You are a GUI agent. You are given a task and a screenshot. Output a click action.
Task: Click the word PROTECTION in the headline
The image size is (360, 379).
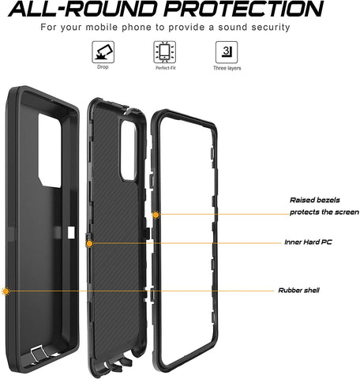pos(244,9)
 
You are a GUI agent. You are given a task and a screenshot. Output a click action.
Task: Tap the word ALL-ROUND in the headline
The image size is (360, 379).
pos(82,9)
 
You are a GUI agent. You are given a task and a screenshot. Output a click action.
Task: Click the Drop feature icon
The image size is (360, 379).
pos(103,52)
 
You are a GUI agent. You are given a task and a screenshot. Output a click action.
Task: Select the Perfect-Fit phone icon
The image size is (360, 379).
pos(165,52)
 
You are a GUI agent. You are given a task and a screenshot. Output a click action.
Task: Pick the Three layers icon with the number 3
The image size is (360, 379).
pos(227,52)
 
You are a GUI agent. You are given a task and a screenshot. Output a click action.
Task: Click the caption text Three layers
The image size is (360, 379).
pos(227,68)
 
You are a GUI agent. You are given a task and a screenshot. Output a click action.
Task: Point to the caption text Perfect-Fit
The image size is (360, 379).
pos(166,68)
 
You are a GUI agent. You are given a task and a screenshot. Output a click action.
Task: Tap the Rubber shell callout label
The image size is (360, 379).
pos(299,291)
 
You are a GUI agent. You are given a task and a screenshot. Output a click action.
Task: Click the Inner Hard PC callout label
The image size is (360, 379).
pos(308,242)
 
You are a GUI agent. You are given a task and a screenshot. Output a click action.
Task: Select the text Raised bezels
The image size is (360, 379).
pos(315,200)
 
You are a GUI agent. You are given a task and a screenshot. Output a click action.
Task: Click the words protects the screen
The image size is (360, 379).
pos(324,212)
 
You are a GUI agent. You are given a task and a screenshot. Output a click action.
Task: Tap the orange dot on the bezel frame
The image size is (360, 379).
pos(156,215)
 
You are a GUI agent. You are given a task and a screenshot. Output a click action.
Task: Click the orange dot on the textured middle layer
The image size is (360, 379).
pos(89,244)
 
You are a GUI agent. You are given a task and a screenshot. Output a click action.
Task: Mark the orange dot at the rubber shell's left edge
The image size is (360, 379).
pos(6,291)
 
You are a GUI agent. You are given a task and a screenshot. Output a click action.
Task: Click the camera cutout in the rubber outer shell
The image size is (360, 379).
pos(50,151)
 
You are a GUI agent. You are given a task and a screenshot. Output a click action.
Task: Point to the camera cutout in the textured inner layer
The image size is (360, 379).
pos(129,151)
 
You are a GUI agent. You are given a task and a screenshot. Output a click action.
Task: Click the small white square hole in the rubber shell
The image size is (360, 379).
pos(71,232)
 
